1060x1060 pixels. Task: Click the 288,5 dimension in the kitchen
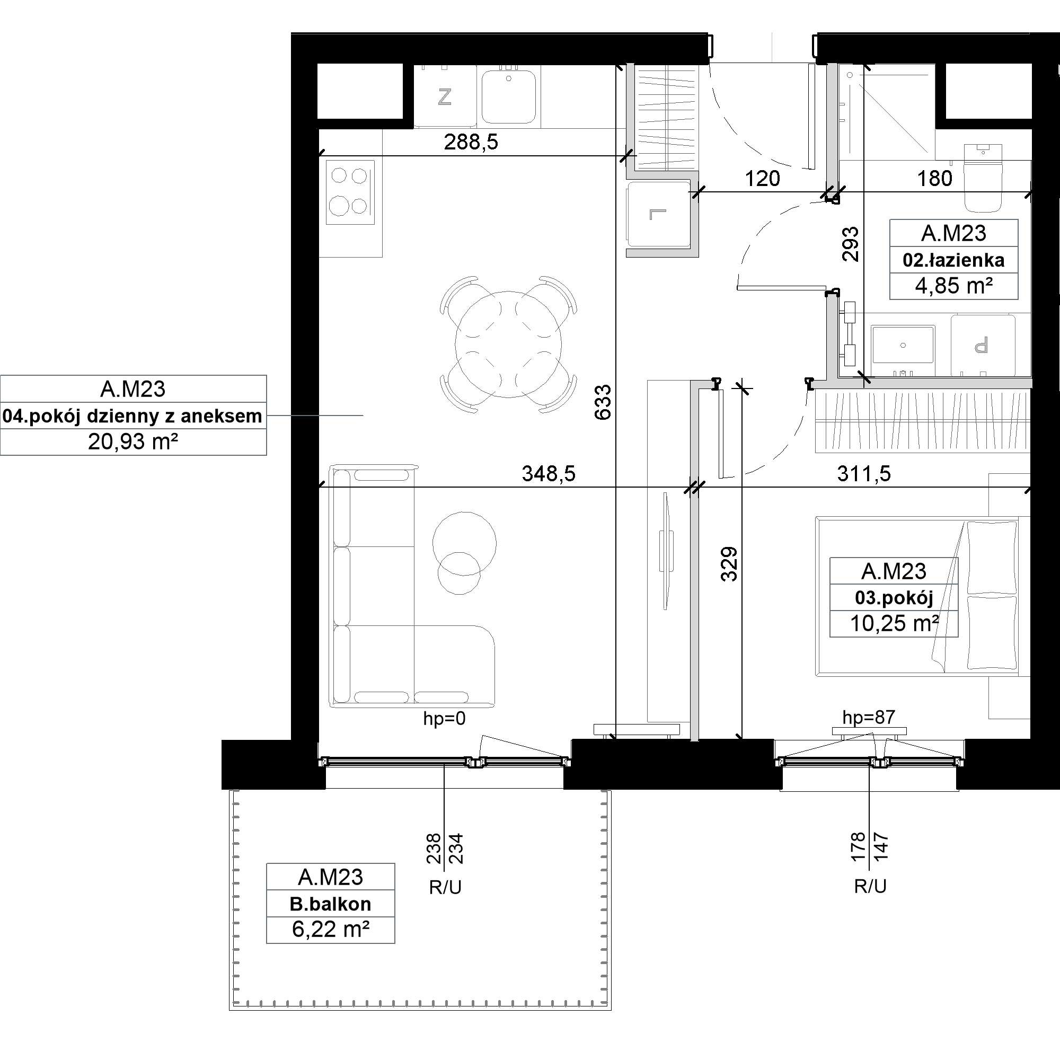pyautogui.click(x=471, y=143)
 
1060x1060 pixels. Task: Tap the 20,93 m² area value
pyautogui.click(x=134, y=441)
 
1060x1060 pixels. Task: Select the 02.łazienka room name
pyautogui.click(x=953, y=260)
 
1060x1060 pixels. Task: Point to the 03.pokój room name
pyautogui.click(x=894, y=597)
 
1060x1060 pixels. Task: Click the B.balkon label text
pyautogui.click(x=330, y=904)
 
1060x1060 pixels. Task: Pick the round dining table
pyautogui.click(x=508, y=345)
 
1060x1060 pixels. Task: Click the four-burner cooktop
pyautogui.click(x=350, y=192)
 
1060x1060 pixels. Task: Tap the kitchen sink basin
pyautogui.click(x=509, y=96)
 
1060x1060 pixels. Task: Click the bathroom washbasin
pyautogui.click(x=903, y=344)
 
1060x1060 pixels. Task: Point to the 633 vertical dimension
pyautogui.click(x=603, y=402)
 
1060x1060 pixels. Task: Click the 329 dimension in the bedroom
pyautogui.click(x=729, y=563)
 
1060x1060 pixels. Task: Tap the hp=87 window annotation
pyautogui.click(x=869, y=717)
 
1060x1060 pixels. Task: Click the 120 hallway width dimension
pyautogui.click(x=762, y=178)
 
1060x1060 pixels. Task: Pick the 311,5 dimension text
pyautogui.click(x=863, y=473)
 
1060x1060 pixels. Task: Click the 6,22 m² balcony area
pyautogui.click(x=330, y=930)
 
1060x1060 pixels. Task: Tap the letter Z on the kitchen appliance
pyautogui.click(x=445, y=97)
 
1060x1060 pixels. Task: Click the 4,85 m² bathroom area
pyautogui.click(x=953, y=286)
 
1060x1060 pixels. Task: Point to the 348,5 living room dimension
pyautogui.click(x=549, y=473)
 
